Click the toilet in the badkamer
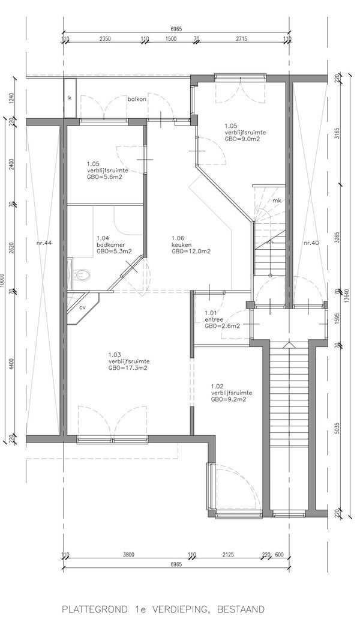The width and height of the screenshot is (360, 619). [x=83, y=274]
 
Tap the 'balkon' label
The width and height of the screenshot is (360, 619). [x=137, y=99]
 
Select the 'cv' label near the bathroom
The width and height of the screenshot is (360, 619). [x=83, y=307]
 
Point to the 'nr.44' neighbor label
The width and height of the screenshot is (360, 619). [x=44, y=243]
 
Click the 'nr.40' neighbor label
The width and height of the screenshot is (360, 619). [x=311, y=243]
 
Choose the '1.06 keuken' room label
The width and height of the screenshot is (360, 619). [x=191, y=244]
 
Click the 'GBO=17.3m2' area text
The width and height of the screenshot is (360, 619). [x=129, y=368]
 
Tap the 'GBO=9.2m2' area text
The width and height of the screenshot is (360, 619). [x=229, y=399]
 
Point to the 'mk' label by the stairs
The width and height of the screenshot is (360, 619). [x=277, y=201]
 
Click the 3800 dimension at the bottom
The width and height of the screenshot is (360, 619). [x=128, y=555]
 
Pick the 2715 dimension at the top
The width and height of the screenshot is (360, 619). [x=242, y=38]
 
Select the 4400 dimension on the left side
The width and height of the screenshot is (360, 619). [x=11, y=364]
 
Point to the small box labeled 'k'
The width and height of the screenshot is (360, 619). [x=70, y=98]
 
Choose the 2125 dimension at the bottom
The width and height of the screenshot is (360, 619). [x=228, y=555]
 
